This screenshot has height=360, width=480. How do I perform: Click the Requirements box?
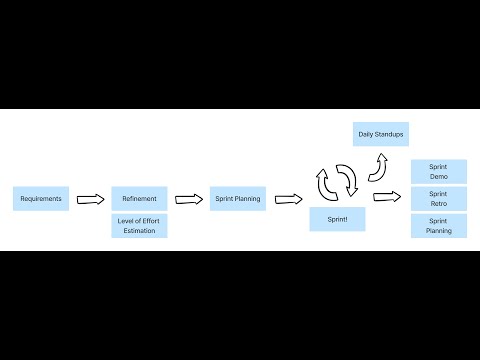point(41,199)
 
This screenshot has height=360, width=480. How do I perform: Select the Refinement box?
point(139,199)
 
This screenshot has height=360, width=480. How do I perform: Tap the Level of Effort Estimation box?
point(139,226)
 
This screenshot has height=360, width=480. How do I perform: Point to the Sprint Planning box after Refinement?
point(238,199)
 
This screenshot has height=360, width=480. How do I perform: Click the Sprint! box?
point(337,219)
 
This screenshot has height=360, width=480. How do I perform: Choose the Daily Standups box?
point(381,134)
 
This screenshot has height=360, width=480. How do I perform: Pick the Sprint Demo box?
point(439,172)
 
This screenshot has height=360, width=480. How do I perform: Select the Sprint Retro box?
point(439,199)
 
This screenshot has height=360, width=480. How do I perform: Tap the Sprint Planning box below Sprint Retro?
point(439,226)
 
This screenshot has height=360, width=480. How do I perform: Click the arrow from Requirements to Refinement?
point(91,199)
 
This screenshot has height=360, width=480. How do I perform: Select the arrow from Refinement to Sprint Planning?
point(189,199)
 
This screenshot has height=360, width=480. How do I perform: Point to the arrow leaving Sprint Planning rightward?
point(289,199)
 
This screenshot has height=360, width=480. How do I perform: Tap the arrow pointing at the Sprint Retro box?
point(387,197)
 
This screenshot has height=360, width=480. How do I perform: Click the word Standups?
point(389,134)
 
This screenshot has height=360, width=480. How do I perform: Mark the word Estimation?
point(139,231)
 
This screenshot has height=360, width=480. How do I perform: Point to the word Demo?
point(439,177)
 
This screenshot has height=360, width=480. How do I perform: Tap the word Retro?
point(439,204)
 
